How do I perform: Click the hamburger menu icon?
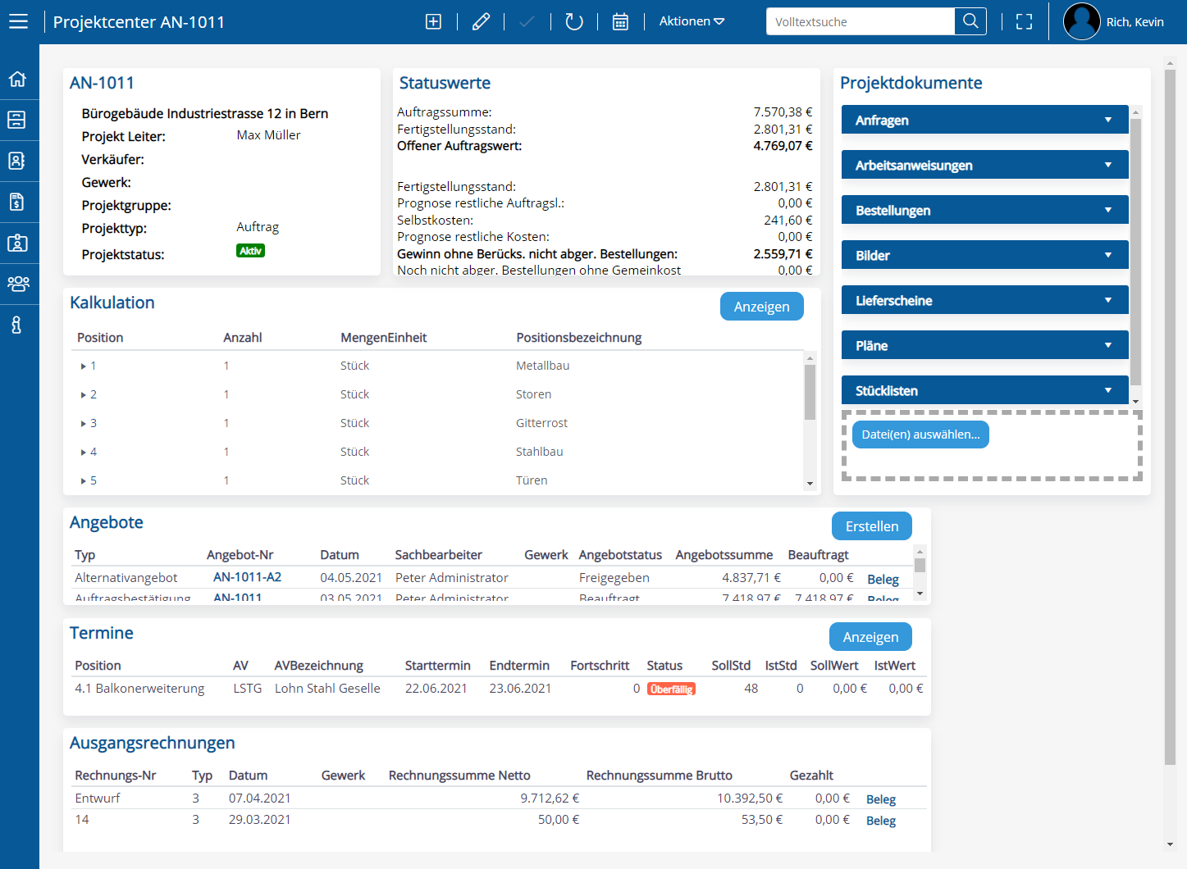tap(18, 22)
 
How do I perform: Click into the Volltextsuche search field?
tap(860, 22)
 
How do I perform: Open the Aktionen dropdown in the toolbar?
tap(692, 21)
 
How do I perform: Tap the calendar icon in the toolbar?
tap(620, 22)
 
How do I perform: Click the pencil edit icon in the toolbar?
tap(481, 22)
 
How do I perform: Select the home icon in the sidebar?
tap(17, 80)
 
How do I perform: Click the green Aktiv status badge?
tap(250, 251)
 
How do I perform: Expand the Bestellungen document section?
tap(984, 211)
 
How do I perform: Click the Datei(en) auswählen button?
tap(920, 434)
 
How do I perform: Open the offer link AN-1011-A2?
tap(247, 577)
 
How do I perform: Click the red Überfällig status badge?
tap(671, 689)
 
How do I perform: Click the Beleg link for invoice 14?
tap(880, 821)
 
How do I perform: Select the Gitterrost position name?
tap(541, 423)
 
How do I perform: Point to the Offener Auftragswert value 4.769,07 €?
tap(783, 146)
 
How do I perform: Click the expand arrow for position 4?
tap(83, 453)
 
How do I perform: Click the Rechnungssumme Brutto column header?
tap(659, 776)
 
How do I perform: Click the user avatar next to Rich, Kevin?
tap(1081, 22)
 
